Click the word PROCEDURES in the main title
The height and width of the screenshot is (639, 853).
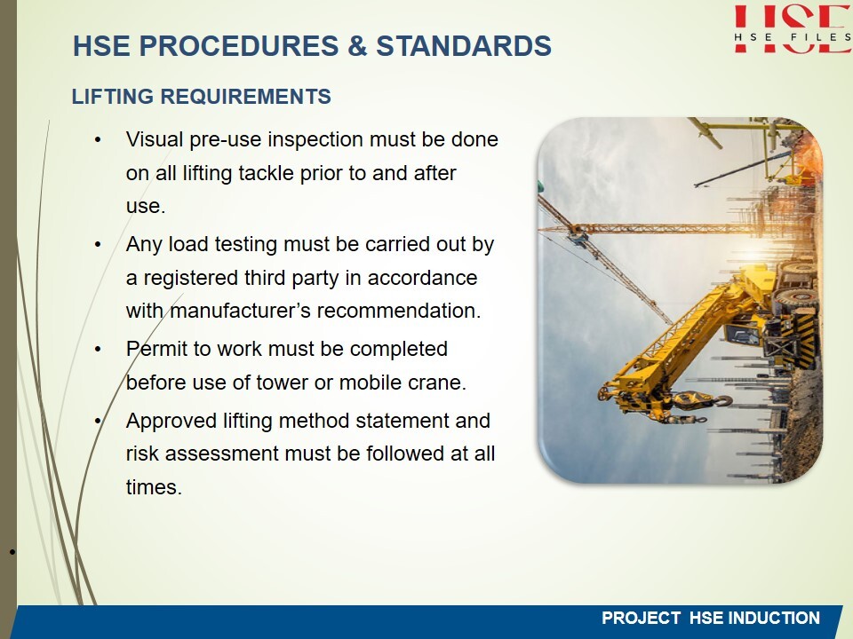[239, 45]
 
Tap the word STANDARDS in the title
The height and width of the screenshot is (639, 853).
[464, 45]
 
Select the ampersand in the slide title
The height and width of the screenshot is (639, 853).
[357, 45]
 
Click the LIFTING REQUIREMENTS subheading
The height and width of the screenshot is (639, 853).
[202, 97]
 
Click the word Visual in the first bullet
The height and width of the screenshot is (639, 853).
[155, 139]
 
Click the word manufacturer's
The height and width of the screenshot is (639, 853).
[241, 311]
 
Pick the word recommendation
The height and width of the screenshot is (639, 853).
[399, 311]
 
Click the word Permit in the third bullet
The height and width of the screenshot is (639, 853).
[156, 349]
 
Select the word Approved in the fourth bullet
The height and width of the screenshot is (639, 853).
[171, 421]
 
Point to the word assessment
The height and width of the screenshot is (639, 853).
[222, 454]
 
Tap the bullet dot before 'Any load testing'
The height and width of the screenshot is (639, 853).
[98, 245]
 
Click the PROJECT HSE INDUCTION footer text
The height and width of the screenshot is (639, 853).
[711, 618]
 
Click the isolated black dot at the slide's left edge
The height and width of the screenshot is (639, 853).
[12, 553]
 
